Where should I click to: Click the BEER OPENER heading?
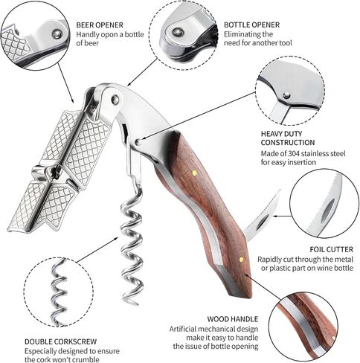point(100,25)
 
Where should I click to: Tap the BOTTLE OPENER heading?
point(251,25)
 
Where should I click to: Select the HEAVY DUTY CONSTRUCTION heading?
point(288,138)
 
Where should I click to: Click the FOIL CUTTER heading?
point(331,249)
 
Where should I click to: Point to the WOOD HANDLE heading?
point(233,319)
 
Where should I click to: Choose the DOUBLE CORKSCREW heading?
point(60,341)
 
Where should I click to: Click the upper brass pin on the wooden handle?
point(195,173)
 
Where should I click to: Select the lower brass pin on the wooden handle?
point(241,260)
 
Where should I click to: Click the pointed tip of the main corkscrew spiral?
point(136,303)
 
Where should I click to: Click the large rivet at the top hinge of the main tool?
point(115,100)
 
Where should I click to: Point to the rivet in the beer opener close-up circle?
point(57,34)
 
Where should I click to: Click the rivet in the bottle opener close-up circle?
point(178,32)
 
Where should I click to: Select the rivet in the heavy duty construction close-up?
point(287,95)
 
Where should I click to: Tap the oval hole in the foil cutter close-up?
point(327,211)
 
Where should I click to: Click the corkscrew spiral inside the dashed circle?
point(59,290)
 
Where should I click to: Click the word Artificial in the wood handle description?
point(183,329)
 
